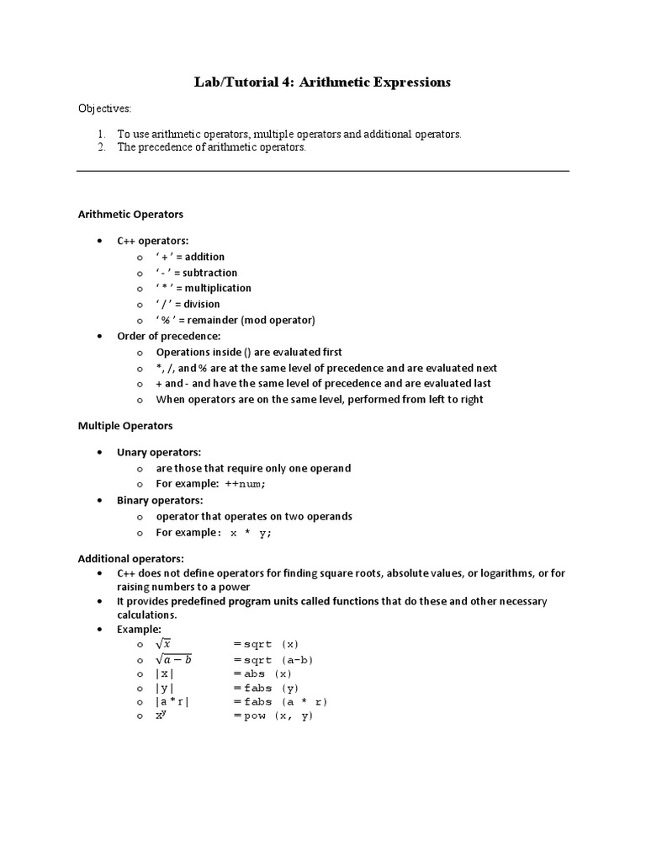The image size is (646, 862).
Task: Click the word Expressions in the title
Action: (407, 82)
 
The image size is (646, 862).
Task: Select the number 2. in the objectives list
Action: (101, 147)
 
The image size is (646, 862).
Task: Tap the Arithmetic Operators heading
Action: (130, 215)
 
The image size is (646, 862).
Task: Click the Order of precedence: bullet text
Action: (168, 336)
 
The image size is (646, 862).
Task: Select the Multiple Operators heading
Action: (125, 427)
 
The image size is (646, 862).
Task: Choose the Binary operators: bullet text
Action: (160, 500)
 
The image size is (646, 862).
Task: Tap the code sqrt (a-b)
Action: (278, 660)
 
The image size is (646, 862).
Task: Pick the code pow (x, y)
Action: (278, 716)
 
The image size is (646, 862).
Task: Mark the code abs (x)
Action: (267, 673)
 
